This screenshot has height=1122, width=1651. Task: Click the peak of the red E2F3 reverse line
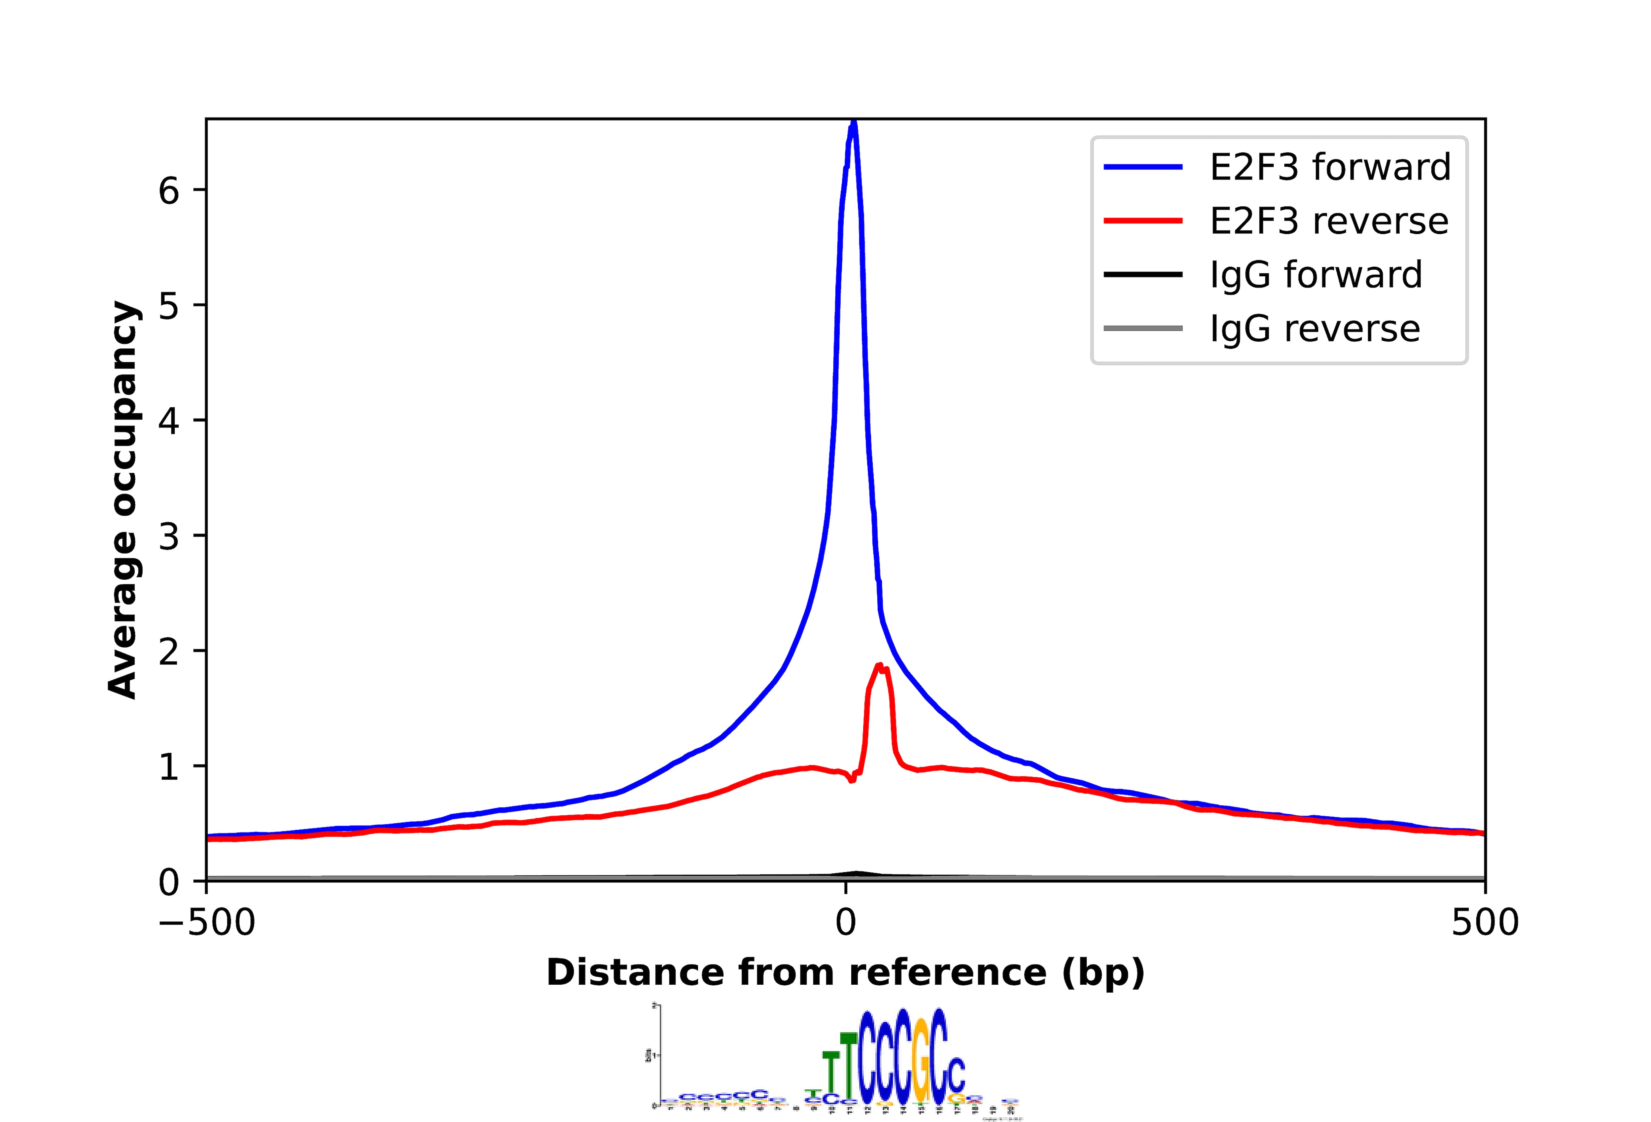click(x=880, y=665)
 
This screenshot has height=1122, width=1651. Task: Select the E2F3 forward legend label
click(x=1330, y=168)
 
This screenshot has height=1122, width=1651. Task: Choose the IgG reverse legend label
click(x=1314, y=329)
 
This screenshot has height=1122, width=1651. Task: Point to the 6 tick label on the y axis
click(x=169, y=190)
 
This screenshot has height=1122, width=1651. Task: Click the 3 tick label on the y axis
click(x=169, y=536)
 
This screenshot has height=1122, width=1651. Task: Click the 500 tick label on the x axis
click(x=1485, y=923)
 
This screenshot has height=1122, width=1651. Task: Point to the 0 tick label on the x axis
click(x=845, y=923)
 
